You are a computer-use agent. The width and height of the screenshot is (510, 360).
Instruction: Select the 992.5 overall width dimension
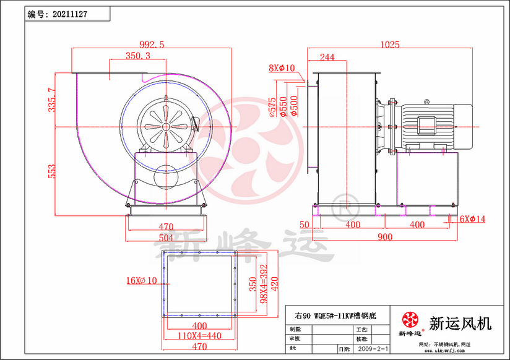[x=152, y=44]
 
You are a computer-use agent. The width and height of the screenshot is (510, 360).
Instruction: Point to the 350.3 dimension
[x=138, y=56]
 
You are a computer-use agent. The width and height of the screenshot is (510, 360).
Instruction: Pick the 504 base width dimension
[x=166, y=238]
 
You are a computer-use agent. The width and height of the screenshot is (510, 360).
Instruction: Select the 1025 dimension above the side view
[x=390, y=44]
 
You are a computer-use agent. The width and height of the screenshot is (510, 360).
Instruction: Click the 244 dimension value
[x=327, y=58]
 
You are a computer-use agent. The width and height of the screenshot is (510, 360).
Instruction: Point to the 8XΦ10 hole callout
[x=282, y=68]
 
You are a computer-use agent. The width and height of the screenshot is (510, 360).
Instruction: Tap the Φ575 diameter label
[x=272, y=106]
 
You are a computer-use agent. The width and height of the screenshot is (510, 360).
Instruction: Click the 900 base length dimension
[x=384, y=238]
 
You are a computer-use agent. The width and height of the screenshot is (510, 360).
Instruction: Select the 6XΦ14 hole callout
[x=473, y=218]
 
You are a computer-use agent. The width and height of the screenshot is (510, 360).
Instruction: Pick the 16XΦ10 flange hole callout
[x=142, y=280]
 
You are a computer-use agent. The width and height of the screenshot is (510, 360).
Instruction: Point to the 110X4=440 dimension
[x=199, y=336]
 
